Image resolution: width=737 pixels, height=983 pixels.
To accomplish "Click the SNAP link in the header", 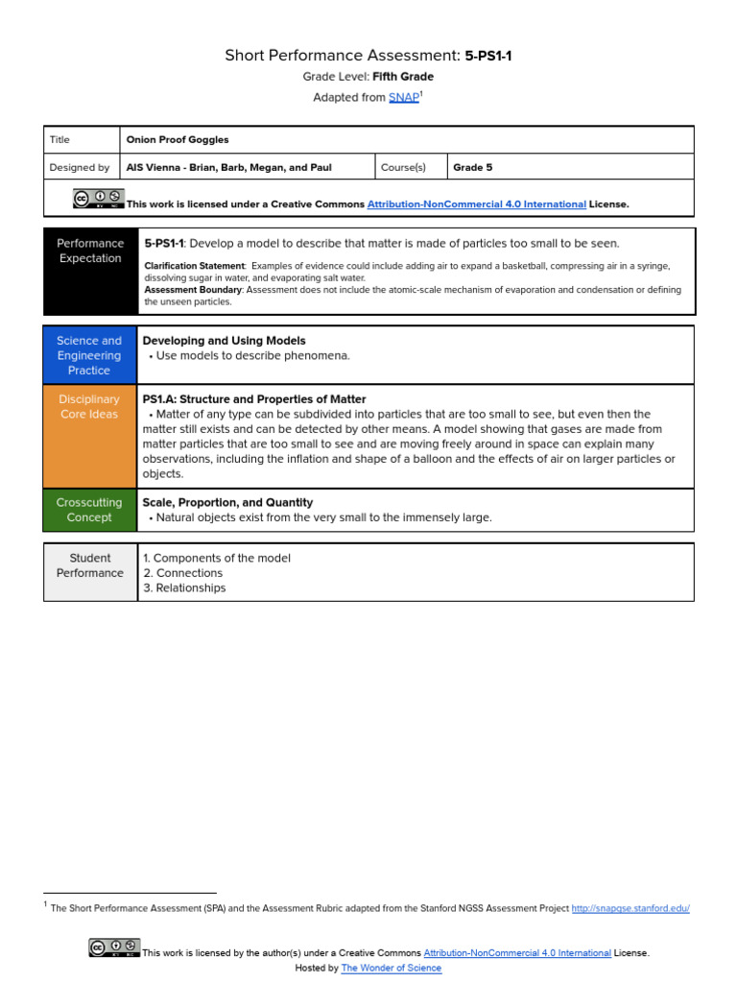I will pos(403,98).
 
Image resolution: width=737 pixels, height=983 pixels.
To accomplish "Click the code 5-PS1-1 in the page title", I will pos(488,56).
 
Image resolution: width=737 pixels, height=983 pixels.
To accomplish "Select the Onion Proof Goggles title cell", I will pos(178,140).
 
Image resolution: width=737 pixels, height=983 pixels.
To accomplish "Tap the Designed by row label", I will pos(80,167).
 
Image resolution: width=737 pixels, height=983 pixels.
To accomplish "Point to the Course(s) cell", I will pos(403,167).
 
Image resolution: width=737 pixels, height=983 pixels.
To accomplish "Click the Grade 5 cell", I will pos(472,167).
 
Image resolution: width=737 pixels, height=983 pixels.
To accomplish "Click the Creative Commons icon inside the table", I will pos(99,199).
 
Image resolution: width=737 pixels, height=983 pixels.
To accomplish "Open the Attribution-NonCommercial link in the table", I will pos(476,204).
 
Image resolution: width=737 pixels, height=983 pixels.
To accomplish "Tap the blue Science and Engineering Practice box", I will pos(89,355).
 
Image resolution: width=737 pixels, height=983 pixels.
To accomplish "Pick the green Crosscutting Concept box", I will pos(89,510).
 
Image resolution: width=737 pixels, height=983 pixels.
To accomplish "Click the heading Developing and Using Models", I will pos(224,341).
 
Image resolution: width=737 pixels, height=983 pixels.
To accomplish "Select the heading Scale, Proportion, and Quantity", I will pos(227,503).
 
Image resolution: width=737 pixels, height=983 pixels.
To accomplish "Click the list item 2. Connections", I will pos(182,573).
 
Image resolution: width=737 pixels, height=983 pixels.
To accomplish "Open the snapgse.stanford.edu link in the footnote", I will pos(630,908).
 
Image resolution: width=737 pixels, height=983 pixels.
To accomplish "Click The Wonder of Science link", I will pos(392,969).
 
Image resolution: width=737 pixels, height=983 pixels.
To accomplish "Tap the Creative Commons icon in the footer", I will pos(114,948).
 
